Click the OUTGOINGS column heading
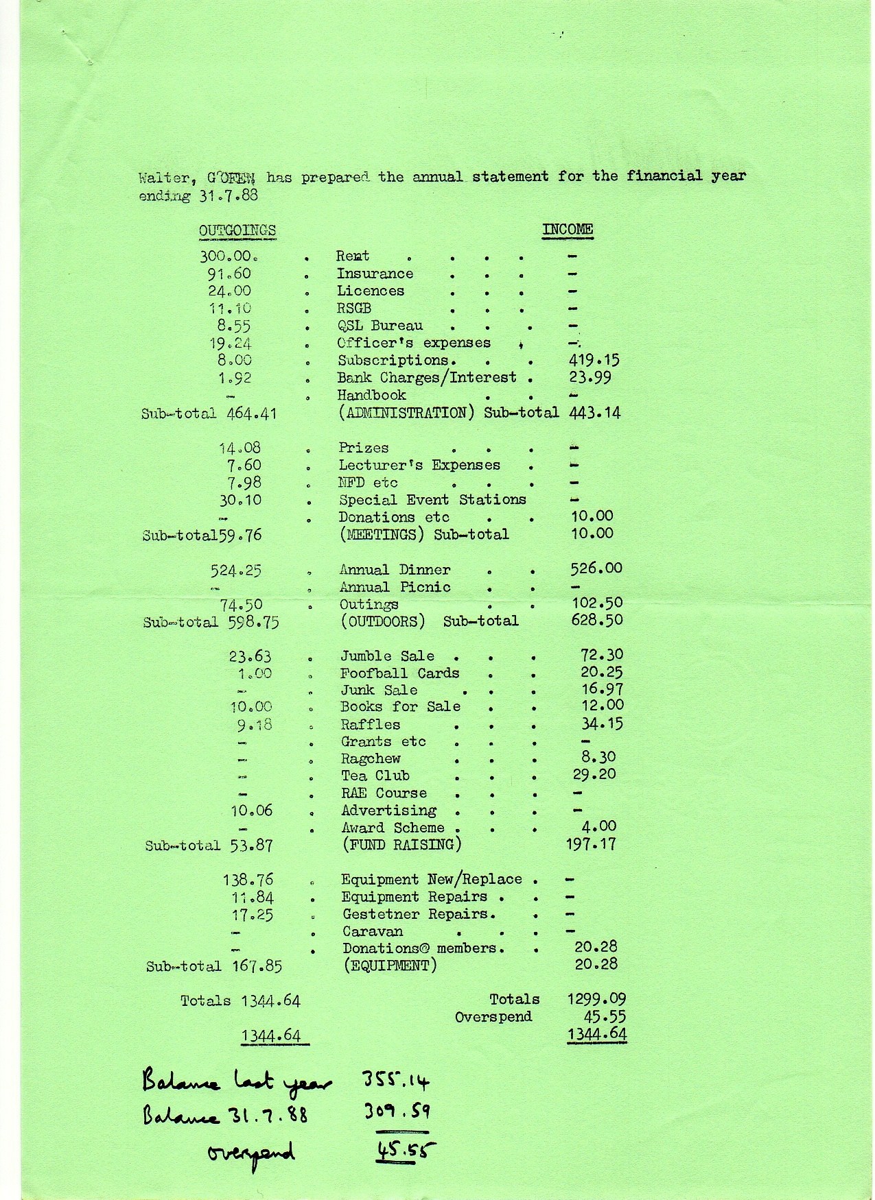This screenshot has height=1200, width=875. (x=237, y=230)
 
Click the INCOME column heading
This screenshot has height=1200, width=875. (x=568, y=229)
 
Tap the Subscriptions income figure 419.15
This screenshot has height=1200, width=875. (x=594, y=360)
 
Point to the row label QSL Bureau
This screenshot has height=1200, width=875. (x=380, y=326)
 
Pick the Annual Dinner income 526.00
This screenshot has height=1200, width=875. (x=596, y=568)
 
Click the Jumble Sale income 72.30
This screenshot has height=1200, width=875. (x=602, y=655)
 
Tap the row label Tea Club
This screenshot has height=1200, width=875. (x=375, y=776)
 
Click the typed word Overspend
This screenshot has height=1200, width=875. (x=493, y=1017)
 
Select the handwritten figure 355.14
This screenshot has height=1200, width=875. (x=395, y=1082)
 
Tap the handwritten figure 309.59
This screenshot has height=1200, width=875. (x=396, y=1112)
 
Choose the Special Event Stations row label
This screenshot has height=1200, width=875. (x=432, y=500)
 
